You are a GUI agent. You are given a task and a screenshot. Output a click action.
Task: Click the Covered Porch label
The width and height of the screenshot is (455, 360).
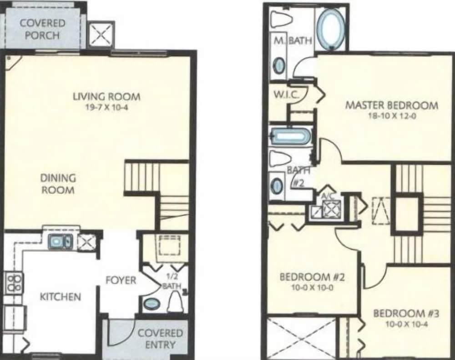coord(42,29)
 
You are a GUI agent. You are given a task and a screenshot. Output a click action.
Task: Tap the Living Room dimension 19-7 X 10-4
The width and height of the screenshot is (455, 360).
coord(107,107)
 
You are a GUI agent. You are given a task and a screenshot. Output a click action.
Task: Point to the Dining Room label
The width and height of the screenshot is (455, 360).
coord(58,184)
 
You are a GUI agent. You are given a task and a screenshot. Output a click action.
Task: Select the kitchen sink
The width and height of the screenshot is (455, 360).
coord(61,241)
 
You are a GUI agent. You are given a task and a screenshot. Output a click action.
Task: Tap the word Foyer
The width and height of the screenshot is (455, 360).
coord(121,280)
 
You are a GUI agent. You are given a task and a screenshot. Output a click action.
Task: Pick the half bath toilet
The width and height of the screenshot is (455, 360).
coord(175,302)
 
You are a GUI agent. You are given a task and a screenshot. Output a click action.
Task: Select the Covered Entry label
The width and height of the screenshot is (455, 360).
coord(160,339)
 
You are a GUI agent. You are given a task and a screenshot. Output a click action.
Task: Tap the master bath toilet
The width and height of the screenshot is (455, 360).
coord(281,19)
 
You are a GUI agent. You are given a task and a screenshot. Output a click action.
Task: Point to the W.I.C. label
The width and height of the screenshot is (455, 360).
coord(286,95)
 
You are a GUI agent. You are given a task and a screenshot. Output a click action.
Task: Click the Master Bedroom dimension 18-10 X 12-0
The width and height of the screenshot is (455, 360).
coord(392,116)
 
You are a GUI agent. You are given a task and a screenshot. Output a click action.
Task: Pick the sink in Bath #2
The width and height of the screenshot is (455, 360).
coord(277,185)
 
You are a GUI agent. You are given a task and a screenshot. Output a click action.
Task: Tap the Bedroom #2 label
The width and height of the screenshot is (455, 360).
coord(312,277)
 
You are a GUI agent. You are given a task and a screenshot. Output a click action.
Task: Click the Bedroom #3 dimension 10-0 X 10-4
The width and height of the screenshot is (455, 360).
coord(406,324)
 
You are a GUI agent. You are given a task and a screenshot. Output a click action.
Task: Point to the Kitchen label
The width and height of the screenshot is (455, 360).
coord(61,296)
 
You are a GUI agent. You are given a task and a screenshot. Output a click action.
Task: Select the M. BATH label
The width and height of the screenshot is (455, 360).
coord(293,41)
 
